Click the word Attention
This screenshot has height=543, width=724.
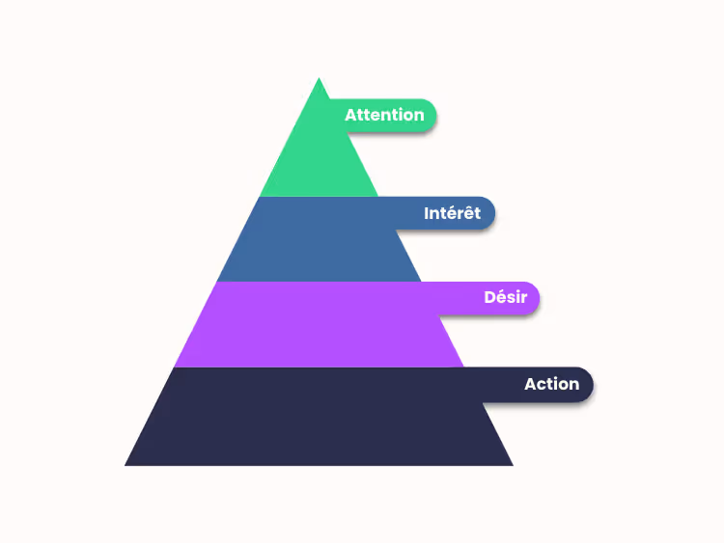[384, 115]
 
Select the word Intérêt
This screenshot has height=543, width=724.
[452, 213]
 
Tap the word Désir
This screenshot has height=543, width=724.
[505, 297]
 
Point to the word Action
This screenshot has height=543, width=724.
[551, 384]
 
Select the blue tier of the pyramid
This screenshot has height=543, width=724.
[319, 241]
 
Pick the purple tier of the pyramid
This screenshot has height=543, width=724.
[319, 326]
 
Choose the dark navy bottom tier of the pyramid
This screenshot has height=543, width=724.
[319, 420]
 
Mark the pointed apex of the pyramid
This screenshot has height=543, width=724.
[319, 80]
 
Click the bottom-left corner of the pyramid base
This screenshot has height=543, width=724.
[126, 465]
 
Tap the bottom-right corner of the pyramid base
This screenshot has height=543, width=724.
[512, 465]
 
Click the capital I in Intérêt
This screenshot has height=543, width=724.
[427, 213]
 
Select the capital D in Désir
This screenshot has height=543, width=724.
[489, 297]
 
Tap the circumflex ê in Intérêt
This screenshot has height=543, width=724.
[465, 213]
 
